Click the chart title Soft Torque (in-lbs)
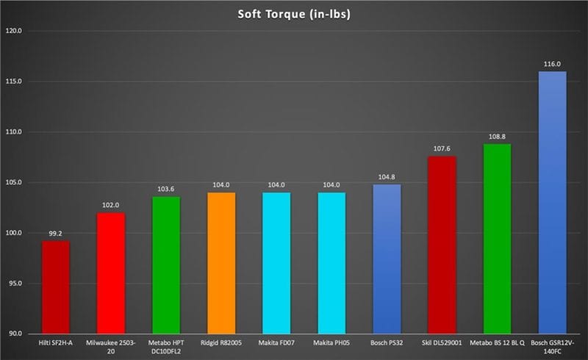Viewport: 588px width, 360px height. pos(293,14)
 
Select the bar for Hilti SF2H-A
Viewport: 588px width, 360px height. pos(56,287)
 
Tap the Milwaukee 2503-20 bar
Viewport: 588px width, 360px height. pos(110,273)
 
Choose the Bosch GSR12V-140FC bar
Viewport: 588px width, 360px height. pos(553,202)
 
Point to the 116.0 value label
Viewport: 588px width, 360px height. pos(553,65)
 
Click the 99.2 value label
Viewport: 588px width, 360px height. pos(56,234)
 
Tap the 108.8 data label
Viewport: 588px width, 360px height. pos(498,137)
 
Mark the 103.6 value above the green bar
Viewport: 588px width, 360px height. pos(166,190)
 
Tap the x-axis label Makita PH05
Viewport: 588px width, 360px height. pos(331,342)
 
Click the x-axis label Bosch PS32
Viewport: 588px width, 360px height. pos(387,342)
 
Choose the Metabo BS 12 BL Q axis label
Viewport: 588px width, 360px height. pos(498,342)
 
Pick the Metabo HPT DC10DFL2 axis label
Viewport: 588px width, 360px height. pos(166,347)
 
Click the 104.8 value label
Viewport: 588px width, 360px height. pos(387,177)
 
